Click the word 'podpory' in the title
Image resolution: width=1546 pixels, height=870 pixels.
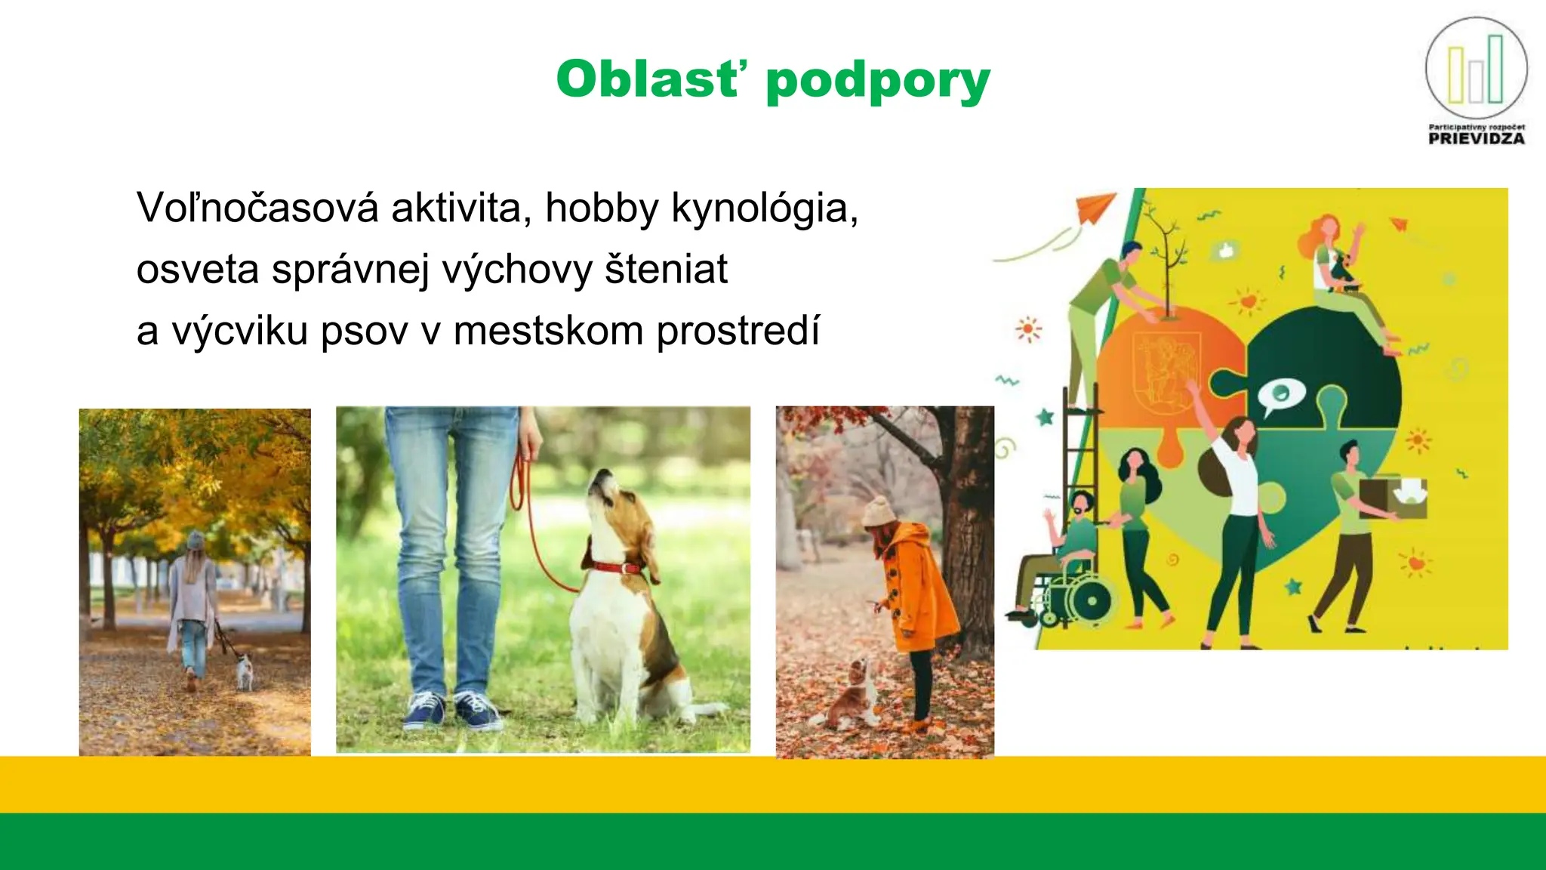click(877, 81)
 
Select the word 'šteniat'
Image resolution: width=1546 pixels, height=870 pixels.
click(666, 270)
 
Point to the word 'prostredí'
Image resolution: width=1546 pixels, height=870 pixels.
click(738, 332)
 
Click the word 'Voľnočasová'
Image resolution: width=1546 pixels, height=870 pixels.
click(257, 208)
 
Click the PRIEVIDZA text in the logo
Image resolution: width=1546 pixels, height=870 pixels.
click(1477, 139)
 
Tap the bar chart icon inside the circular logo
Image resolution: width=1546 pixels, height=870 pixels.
click(1476, 72)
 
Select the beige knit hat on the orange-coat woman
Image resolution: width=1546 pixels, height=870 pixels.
click(878, 512)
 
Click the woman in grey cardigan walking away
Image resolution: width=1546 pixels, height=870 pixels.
click(192, 604)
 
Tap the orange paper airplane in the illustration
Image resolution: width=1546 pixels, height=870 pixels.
click(1095, 207)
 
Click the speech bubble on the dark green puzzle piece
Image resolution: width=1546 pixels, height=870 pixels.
click(1280, 395)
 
